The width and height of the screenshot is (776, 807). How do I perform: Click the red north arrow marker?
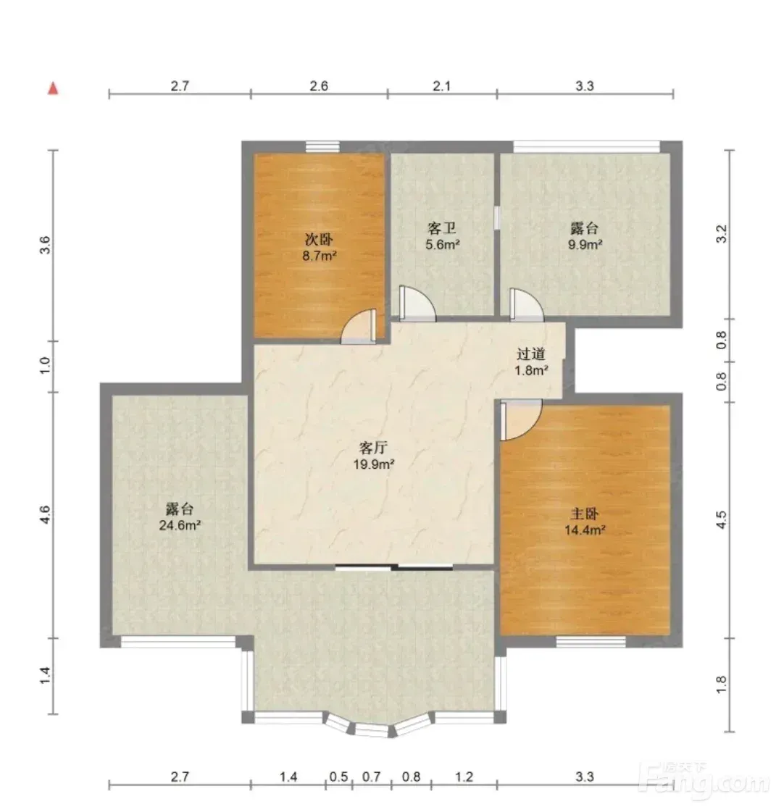pos(52,88)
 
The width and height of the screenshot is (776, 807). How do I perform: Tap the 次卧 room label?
pos(320,239)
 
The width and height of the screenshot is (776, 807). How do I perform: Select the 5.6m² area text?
pos(442,244)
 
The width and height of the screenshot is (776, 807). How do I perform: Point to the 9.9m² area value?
pos(585,244)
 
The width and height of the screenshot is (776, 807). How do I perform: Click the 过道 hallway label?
pos(531,354)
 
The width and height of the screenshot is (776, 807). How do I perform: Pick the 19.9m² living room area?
pos(374,464)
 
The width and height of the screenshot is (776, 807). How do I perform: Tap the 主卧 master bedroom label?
pos(585,514)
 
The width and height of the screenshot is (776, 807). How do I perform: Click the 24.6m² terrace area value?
pos(180,525)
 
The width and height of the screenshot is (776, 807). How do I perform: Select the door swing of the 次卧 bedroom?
pos(359,326)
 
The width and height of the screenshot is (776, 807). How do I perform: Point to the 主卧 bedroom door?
pos(520,420)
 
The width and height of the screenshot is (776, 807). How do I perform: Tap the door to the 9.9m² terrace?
pos(526,305)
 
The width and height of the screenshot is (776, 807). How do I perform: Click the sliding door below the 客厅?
pos(394,567)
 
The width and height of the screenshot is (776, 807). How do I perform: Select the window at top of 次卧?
pos(323,146)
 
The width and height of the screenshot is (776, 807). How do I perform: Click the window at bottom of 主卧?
pos(591,641)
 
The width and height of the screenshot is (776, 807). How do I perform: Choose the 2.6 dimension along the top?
pos(320,86)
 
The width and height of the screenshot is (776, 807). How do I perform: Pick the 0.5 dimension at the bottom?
pos(339,776)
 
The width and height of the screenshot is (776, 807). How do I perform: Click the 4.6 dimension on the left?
pos(46,514)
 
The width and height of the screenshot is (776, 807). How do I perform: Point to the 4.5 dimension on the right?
pos(722,519)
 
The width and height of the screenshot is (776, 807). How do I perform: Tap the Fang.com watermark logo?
pos(706,780)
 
